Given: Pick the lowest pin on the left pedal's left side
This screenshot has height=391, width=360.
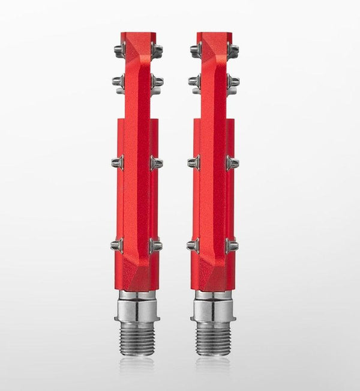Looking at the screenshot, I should (x=117, y=244).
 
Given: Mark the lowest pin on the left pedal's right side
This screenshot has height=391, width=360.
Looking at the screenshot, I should (x=155, y=244).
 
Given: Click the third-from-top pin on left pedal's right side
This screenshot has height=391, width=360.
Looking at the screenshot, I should (x=155, y=162).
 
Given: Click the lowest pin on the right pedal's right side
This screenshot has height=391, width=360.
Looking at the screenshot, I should (x=232, y=244).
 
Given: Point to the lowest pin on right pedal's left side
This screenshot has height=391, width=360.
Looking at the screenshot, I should (x=193, y=244).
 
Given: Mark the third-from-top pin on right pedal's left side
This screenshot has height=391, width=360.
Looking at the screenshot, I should (x=193, y=162).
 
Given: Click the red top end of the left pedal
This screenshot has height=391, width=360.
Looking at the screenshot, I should (x=137, y=37).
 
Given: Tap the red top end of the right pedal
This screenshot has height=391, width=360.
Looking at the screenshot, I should (x=214, y=37).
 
